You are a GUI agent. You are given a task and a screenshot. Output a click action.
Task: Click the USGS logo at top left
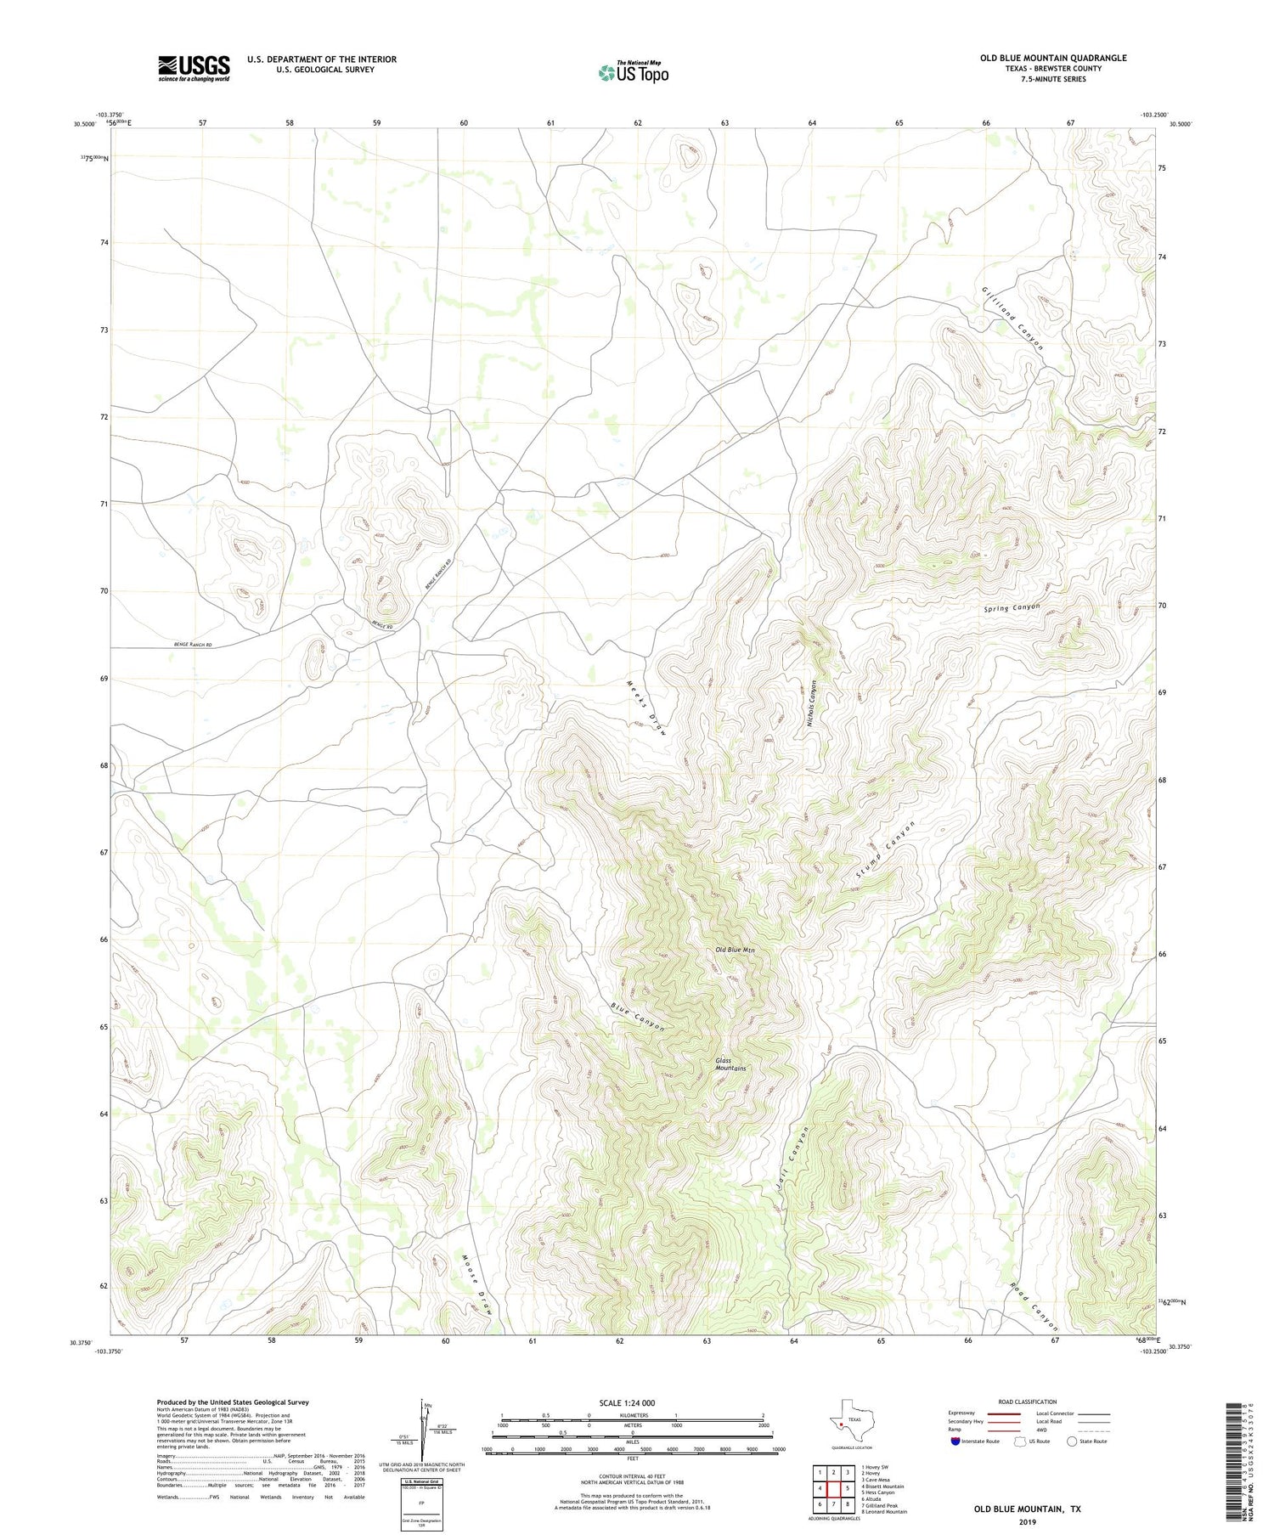(194, 68)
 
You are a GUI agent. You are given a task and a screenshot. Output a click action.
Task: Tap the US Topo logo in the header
(633, 72)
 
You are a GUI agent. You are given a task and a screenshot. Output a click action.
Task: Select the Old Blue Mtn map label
(735, 950)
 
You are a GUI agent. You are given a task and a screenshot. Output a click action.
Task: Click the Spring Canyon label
(1012, 608)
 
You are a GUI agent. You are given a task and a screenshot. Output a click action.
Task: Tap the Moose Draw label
(478, 1285)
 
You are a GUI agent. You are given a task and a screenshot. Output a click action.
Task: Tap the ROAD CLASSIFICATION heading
(1027, 1402)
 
